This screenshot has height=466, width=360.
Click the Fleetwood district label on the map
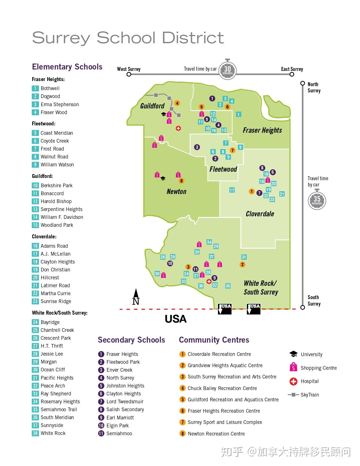[223, 169]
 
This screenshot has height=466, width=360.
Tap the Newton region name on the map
[176, 191]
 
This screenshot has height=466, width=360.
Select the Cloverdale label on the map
[260, 214]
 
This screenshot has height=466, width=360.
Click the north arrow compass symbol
[136, 297]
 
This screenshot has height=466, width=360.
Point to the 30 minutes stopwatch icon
[228, 69]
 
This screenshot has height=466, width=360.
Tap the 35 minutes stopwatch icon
[317, 200]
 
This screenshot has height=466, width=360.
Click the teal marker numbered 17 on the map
[232, 190]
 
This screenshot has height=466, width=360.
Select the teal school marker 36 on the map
[228, 286]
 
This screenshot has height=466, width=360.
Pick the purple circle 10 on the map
[170, 264]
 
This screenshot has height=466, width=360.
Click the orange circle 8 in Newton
[181, 181]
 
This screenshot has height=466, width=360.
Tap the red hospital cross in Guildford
[178, 129]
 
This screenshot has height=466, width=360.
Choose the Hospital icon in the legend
[294, 382]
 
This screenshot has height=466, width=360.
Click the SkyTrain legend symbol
[293, 395]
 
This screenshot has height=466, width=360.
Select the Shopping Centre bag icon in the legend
[294, 367]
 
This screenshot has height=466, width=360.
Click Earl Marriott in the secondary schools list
[120, 418]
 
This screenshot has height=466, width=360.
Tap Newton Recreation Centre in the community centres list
[216, 434]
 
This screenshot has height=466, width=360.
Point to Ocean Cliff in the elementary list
[53, 370]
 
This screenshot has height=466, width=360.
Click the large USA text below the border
[176, 319]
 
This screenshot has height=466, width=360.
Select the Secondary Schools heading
[131, 340]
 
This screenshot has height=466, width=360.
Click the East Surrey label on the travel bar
[292, 69]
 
